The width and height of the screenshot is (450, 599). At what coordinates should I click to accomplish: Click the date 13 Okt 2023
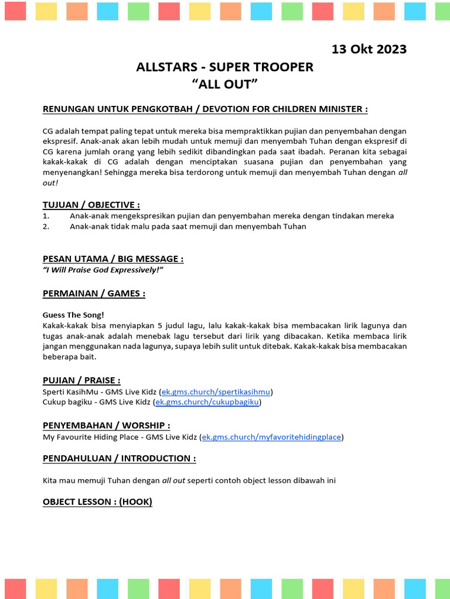coord(369,49)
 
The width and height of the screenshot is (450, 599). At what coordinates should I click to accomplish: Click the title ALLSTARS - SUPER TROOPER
coord(225,67)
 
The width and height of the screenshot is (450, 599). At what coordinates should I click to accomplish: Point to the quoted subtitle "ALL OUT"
coord(225,84)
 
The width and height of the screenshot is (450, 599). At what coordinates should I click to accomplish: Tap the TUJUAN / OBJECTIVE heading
coord(91,205)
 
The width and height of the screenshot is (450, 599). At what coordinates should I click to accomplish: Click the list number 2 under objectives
coord(46,226)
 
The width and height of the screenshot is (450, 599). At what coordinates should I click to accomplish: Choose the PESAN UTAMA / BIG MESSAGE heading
coord(113,259)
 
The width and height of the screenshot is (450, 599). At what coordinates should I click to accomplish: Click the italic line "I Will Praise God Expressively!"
coord(103,269)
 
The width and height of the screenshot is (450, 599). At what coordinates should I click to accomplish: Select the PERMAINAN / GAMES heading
coord(94,293)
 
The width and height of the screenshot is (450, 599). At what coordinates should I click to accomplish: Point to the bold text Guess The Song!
coord(73,315)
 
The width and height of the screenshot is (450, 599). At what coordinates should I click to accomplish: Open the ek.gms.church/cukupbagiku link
coord(207,402)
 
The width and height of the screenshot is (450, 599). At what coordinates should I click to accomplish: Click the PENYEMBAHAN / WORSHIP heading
coord(107,425)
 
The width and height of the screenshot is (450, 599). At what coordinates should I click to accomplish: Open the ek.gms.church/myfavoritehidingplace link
coord(271,436)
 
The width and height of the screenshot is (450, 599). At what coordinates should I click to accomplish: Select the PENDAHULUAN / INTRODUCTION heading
coord(120,458)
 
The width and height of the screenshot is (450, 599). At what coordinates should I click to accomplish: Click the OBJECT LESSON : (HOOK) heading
coord(97,502)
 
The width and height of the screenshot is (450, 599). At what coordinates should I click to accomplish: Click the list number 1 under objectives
coord(46,216)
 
